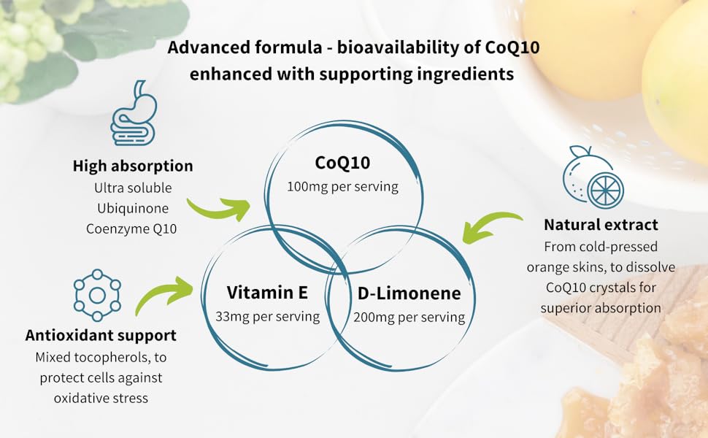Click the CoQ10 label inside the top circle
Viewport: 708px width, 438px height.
(344, 162)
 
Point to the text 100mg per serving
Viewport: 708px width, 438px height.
(344, 186)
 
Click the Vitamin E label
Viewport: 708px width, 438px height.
(267, 293)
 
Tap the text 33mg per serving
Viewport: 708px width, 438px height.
(267, 317)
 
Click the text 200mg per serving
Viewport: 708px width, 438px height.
(409, 318)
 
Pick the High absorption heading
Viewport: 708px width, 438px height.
(133, 166)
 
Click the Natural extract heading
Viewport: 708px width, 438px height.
(601, 224)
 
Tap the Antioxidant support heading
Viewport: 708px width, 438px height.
(101, 336)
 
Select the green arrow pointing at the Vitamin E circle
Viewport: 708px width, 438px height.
(165, 293)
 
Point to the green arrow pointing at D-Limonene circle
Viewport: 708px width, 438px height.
(493, 226)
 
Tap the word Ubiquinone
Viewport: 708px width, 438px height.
(133, 208)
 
